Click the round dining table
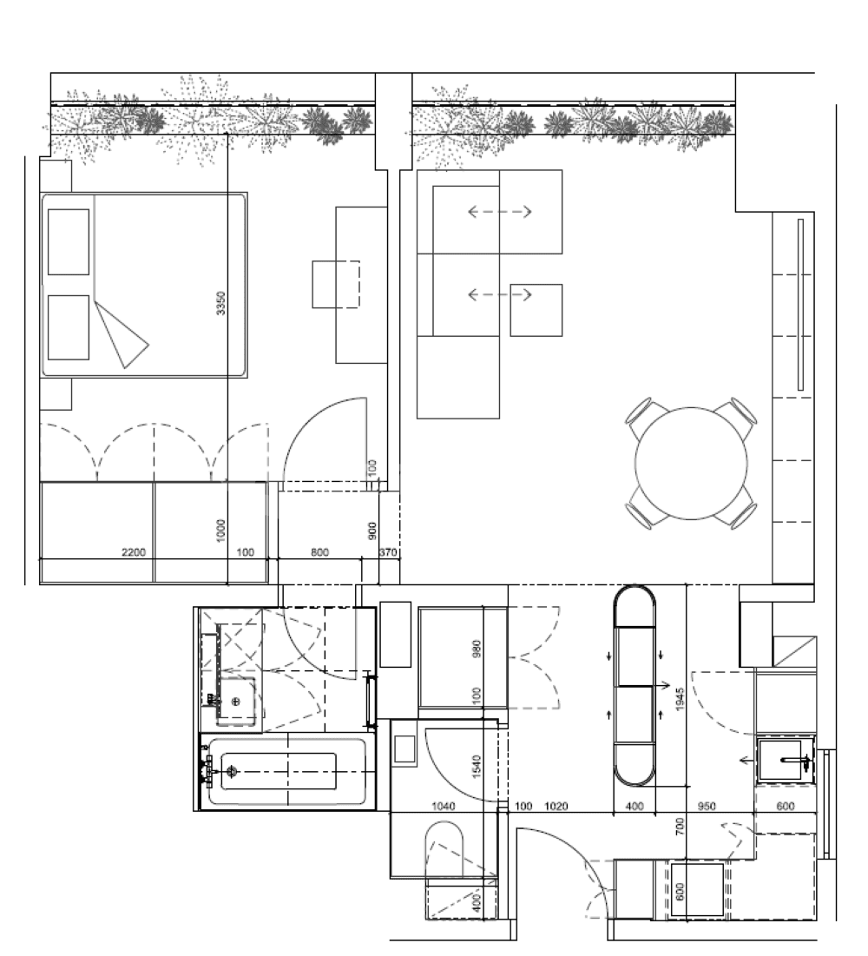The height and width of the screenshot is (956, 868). tap(691, 464)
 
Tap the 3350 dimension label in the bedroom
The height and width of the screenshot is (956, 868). tap(221, 303)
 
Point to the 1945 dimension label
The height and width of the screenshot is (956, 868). tap(681, 700)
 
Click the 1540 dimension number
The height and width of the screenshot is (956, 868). tap(476, 765)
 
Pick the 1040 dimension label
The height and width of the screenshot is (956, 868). tap(443, 807)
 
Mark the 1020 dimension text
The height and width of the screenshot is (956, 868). tap(556, 807)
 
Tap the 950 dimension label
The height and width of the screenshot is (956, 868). tap(707, 807)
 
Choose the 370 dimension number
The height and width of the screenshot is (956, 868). tap(388, 552)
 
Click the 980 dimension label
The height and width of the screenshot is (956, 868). tap(476, 649)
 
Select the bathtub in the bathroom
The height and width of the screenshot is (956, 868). tap(286, 771)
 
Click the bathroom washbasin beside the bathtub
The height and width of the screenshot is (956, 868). tap(236, 700)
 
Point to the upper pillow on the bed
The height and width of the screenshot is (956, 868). tap(69, 241)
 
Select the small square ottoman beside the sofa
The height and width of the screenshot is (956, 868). tap(536, 310)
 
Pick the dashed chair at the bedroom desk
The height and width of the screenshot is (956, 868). tap(336, 284)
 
